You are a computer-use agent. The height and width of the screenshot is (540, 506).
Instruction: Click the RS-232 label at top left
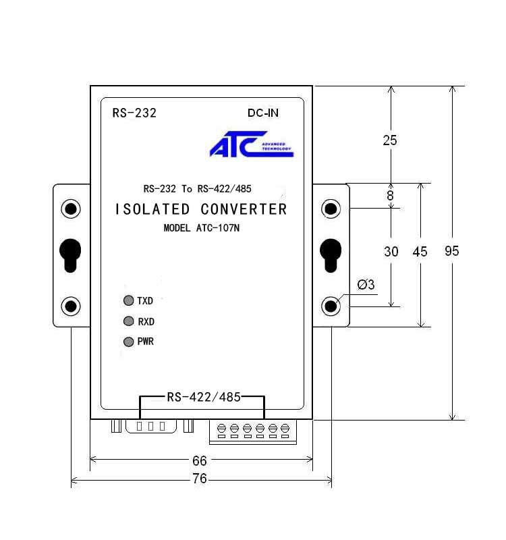point(134,113)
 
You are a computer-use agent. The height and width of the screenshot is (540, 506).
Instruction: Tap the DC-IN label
point(262,113)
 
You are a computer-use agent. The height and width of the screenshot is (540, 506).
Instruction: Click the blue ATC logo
point(250,144)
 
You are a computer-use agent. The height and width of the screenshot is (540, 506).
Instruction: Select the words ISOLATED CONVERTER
point(200,209)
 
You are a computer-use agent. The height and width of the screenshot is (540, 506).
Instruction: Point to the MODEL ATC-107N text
point(201,228)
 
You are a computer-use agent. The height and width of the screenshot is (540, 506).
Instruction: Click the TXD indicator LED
point(128,301)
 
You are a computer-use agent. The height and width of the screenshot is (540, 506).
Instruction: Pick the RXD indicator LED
point(128,321)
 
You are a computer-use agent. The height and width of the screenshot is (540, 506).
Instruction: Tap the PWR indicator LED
point(128,342)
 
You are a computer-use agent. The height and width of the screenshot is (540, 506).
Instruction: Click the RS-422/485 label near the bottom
point(203,398)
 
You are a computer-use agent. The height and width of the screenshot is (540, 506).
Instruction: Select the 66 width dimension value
point(200,461)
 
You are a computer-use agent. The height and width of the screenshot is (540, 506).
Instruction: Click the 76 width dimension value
point(199,479)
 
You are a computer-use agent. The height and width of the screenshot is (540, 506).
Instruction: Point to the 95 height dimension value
point(452,251)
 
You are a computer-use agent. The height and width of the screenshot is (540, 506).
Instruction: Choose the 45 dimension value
point(420,252)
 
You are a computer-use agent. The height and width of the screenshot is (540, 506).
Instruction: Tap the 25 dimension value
point(390,140)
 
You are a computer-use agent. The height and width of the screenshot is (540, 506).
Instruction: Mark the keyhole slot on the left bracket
point(71,254)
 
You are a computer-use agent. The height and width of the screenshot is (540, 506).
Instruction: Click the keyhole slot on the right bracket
point(331,254)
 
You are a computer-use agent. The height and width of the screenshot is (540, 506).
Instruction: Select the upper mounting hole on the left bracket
point(71,209)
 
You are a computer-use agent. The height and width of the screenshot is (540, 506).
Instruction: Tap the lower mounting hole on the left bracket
point(71,307)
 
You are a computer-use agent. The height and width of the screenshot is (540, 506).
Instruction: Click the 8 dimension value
point(390,196)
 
